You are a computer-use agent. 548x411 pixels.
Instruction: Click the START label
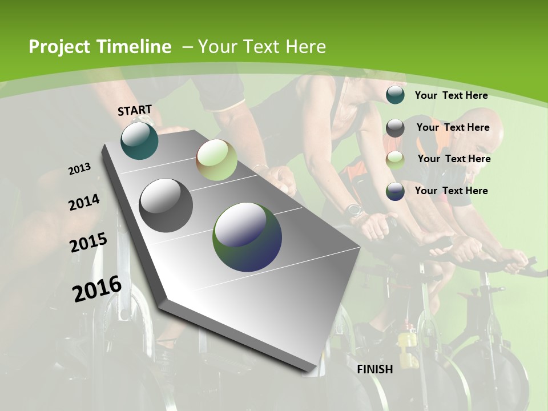pos(135,110)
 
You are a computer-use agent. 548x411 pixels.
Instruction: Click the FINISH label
pos(374,369)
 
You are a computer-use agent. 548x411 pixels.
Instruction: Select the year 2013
pos(80,169)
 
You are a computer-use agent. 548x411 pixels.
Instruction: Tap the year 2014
pos(84,203)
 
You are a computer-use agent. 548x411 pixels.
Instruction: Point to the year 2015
pos(88,243)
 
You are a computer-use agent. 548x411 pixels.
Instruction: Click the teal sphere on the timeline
pos(139,140)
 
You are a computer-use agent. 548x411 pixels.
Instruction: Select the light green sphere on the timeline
pos(216,160)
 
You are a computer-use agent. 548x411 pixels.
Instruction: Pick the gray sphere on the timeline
pos(166,205)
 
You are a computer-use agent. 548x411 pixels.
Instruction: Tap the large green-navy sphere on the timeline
pos(247,236)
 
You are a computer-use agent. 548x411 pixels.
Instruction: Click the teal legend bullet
pos(395,95)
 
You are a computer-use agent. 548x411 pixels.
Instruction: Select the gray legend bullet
pos(395,128)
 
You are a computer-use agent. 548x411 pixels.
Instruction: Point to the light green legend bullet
pos(395,160)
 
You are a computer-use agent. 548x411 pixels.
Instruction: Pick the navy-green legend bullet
pos(395,191)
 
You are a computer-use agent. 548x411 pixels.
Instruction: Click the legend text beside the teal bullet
pos(451,95)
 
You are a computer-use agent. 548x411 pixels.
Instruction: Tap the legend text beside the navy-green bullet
pos(451,190)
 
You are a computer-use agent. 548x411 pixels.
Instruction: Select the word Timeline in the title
pos(135,47)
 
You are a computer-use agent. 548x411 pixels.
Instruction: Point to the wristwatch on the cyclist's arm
pos(354,210)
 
